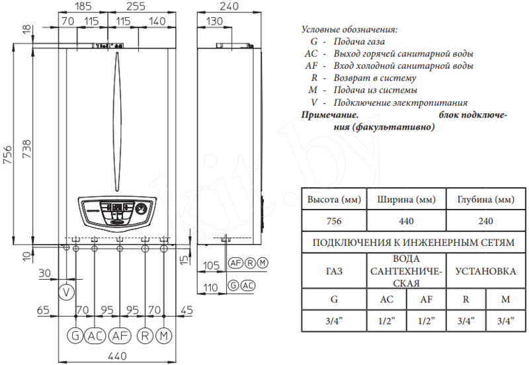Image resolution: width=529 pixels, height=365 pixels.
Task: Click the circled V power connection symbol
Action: (67, 292)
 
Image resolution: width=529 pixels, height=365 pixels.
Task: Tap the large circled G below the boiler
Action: (75, 336)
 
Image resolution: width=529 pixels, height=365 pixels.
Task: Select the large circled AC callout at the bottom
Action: (95, 336)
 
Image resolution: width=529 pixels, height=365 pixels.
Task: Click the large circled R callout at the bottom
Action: (145, 336)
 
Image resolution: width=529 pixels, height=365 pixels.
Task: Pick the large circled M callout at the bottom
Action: (164, 336)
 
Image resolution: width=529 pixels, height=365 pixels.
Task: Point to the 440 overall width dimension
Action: (118, 356)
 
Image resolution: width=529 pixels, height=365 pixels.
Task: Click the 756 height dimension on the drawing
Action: (7, 155)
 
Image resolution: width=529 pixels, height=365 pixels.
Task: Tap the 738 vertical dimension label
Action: (26, 149)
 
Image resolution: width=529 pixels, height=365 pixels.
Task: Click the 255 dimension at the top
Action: (136, 6)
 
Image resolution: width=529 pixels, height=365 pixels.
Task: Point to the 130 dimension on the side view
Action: (214, 21)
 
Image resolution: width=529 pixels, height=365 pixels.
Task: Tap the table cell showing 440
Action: (406, 221)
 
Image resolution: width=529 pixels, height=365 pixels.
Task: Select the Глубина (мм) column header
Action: (485, 200)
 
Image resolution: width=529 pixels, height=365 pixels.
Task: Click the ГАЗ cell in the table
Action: (334, 271)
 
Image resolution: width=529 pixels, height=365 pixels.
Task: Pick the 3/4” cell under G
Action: (334, 321)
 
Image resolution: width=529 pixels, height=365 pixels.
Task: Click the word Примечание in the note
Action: (329, 115)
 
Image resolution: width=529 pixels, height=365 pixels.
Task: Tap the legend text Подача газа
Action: (359, 42)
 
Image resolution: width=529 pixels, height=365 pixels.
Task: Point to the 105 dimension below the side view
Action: (211, 265)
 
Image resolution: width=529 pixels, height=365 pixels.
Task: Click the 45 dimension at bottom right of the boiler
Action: (186, 310)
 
